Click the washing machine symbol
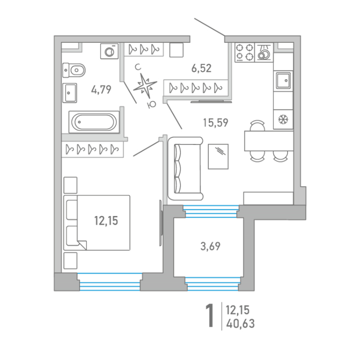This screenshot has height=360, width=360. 110,51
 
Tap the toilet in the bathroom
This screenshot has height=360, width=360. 74,70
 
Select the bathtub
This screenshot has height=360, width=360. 94,122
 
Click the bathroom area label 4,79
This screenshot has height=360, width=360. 101,89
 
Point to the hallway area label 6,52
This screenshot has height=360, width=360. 202,68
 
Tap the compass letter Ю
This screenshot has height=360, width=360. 152,104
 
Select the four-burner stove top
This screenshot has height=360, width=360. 244,52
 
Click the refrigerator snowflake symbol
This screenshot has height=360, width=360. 283,119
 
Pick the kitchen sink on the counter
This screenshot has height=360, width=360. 283,80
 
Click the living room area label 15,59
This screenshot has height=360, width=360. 215,122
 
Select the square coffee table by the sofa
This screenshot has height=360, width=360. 218,156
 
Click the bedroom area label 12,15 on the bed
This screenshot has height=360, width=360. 106,221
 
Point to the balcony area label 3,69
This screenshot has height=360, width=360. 210,246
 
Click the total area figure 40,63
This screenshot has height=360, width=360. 240,323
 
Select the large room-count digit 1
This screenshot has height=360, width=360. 210,315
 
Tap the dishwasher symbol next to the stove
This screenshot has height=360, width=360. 264,52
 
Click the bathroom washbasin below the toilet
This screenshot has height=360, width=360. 69,93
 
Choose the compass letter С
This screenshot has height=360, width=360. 138,67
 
